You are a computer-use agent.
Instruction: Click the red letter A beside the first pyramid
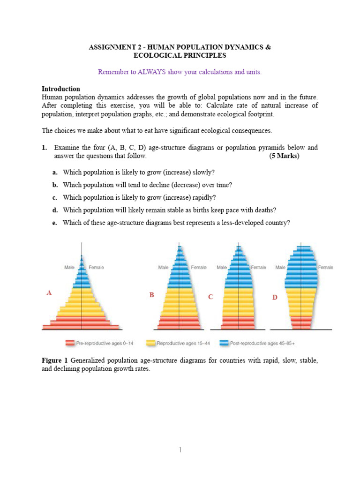pos(49,293)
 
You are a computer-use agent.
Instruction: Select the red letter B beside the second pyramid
pos(151,295)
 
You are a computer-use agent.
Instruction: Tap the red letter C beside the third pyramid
pos(210,297)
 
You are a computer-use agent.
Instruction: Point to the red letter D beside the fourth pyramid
pos(275,298)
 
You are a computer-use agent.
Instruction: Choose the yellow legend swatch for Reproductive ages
pos(151,343)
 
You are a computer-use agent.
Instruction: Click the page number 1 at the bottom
pos(180,450)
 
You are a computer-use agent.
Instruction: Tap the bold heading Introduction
pos(61,89)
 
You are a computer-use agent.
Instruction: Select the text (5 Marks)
pos(285,156)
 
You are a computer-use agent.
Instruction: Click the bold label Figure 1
pos(55,360)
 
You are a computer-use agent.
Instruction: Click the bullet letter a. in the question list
pos(55,172)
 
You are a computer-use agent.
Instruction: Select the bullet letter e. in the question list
pos(55,223)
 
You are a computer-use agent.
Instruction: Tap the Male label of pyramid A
pos(69,267)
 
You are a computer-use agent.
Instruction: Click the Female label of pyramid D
pos(326,267)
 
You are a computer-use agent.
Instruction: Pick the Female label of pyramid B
pos(198,267)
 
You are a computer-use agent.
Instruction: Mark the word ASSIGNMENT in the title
pos(111,47)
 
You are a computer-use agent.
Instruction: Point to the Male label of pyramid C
pos(222,267)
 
